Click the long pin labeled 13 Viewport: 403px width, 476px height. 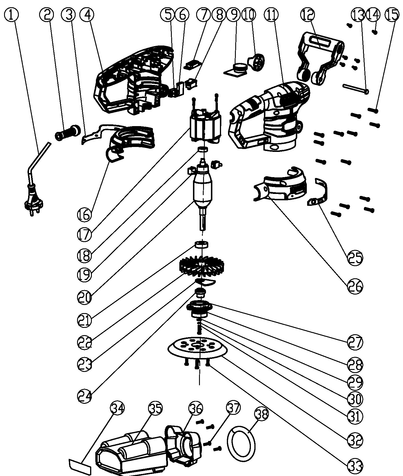(x=356, y=88)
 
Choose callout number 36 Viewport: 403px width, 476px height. (x=196, y=408)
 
